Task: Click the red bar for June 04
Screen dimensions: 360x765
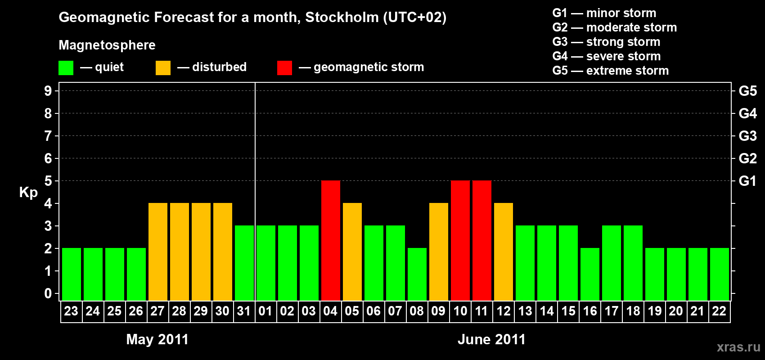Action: point(331,240)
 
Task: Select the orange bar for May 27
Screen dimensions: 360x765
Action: point(158,252)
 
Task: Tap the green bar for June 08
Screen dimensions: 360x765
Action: point(417,274)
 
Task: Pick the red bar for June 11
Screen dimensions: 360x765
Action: point(482,240)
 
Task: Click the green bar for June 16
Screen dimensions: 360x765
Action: point(590,274)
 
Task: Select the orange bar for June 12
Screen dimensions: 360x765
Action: point(504,252)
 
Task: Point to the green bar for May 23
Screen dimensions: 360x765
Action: point(72,274)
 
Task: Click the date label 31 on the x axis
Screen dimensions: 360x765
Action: point(244,311)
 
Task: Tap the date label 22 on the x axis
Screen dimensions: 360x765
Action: point(719,311)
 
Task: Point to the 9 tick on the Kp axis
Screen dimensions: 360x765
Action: point(48,91)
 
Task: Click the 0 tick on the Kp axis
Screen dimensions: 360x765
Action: point(48,293)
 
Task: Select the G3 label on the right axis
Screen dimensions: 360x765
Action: point(747,136)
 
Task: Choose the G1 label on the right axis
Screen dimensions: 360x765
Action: point(747,181)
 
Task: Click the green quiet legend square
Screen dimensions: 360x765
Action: point(66,68)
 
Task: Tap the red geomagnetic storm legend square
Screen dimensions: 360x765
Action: point(284,68)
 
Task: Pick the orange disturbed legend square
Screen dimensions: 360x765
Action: point(163,68)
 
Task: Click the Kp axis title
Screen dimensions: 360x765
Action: point(28,193)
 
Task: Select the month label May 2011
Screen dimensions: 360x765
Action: point(157,339)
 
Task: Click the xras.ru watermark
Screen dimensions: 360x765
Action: point(738,347)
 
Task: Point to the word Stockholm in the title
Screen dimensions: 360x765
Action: point(342,18)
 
